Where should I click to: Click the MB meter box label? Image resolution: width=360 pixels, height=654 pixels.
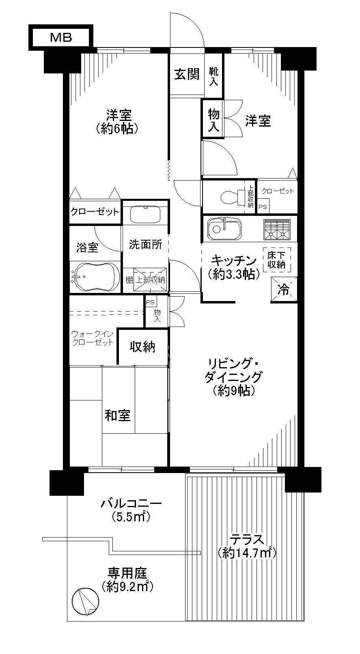[x=61, y=37]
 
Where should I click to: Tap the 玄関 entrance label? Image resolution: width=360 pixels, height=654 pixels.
[x=187, y=74]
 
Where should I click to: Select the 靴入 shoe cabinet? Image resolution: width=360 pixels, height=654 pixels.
[x=214, y=76]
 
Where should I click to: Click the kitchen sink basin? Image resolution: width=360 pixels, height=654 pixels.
[x=224, y=228]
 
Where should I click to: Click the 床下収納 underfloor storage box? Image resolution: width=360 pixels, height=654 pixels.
[x=276, y=260]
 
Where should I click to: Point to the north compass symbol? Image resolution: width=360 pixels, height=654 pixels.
[x=85, y=601]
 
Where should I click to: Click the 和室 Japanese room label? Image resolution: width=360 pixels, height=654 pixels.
[x=118, y=415]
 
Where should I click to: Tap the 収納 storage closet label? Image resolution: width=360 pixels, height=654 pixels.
[x=142, y=347]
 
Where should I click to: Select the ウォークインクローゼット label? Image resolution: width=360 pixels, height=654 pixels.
[x=93, y=338]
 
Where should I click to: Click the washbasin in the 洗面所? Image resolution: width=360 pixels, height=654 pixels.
[x=146, y=214]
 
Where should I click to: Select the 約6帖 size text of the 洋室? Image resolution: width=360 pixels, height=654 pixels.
[x=118, y=129]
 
